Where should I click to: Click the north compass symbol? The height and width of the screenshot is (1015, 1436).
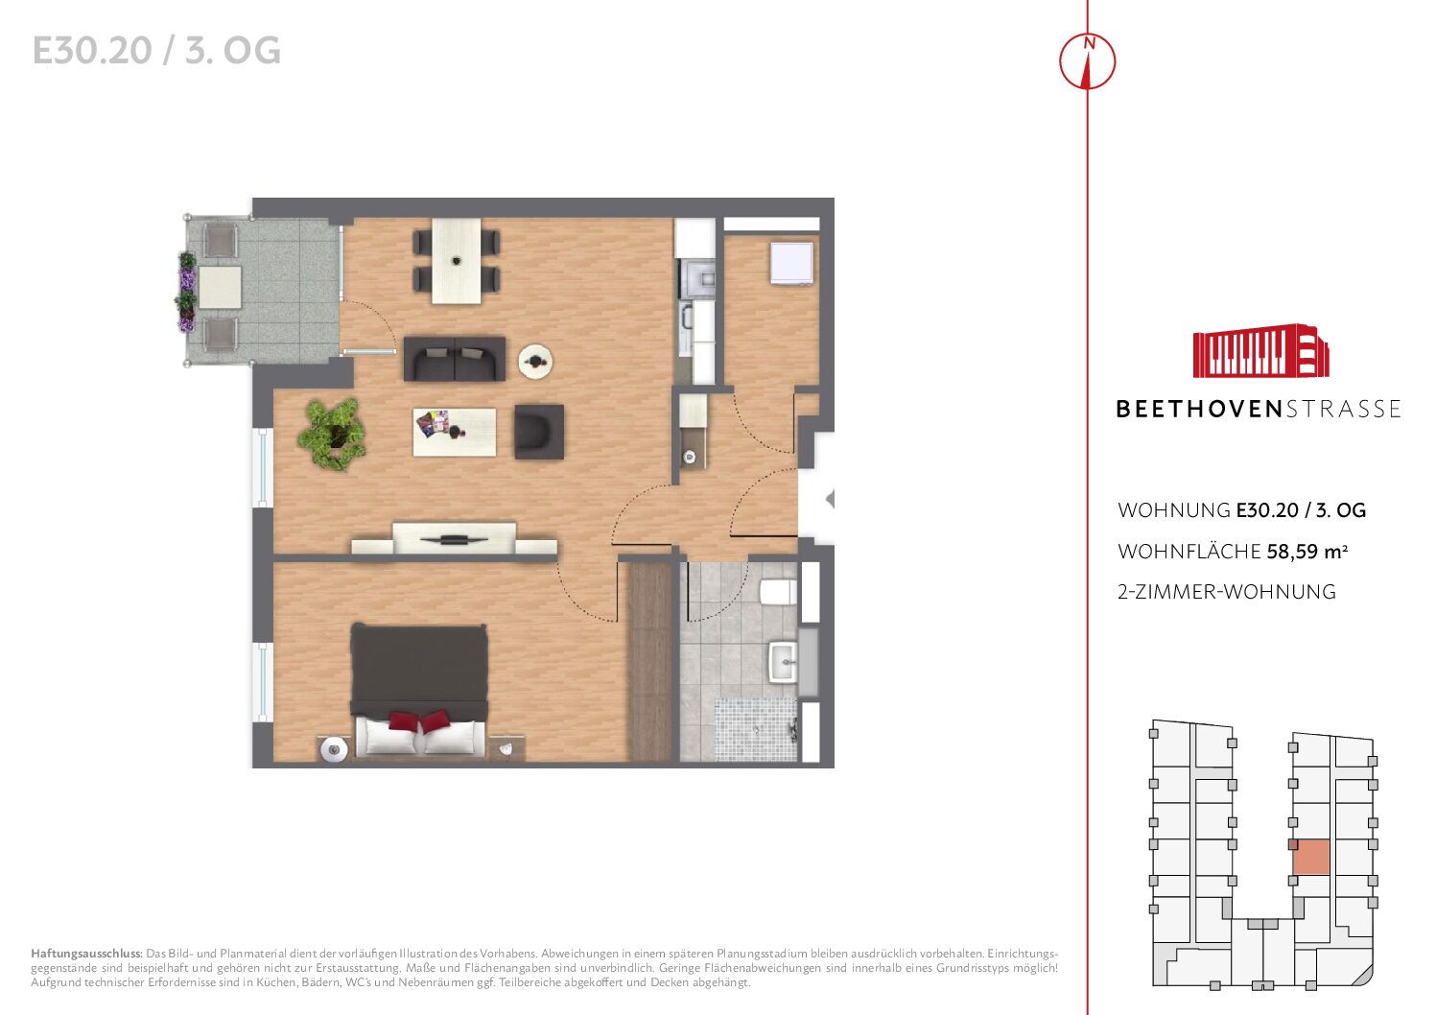coord(1087,60)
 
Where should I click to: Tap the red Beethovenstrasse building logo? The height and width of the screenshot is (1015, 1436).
coord(1260,351)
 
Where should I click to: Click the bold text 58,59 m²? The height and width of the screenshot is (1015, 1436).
coord(1307,552)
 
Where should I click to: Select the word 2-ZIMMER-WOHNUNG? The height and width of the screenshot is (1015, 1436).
coord(1226,592)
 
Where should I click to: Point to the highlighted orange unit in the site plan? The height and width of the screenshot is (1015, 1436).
coord(1311,858)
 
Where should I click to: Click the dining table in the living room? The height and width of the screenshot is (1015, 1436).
coord(456,260)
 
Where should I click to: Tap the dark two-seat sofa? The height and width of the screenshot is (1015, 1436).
coord(455,359)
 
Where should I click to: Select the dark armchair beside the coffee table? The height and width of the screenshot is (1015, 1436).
coord(539,432)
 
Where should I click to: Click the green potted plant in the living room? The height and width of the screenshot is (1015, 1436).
coord(332,434)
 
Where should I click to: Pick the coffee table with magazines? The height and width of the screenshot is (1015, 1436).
coord(454,432)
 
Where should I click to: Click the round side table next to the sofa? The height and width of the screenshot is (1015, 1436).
coord(535,362)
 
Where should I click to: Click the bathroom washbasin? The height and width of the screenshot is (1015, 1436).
coord(783,662)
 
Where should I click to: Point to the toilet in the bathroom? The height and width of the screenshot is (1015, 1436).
coord(778,592)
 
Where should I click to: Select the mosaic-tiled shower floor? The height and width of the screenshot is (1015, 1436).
coord(756,729)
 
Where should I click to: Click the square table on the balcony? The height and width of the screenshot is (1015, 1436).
coord(220,287)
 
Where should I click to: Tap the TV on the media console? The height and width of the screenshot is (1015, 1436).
coord(454,539)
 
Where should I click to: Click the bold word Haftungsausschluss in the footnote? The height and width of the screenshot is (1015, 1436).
coord(86,955)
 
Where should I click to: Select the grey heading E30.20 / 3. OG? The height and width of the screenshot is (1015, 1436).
coord(156,51)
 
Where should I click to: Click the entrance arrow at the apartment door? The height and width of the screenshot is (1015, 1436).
coord(830,499)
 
